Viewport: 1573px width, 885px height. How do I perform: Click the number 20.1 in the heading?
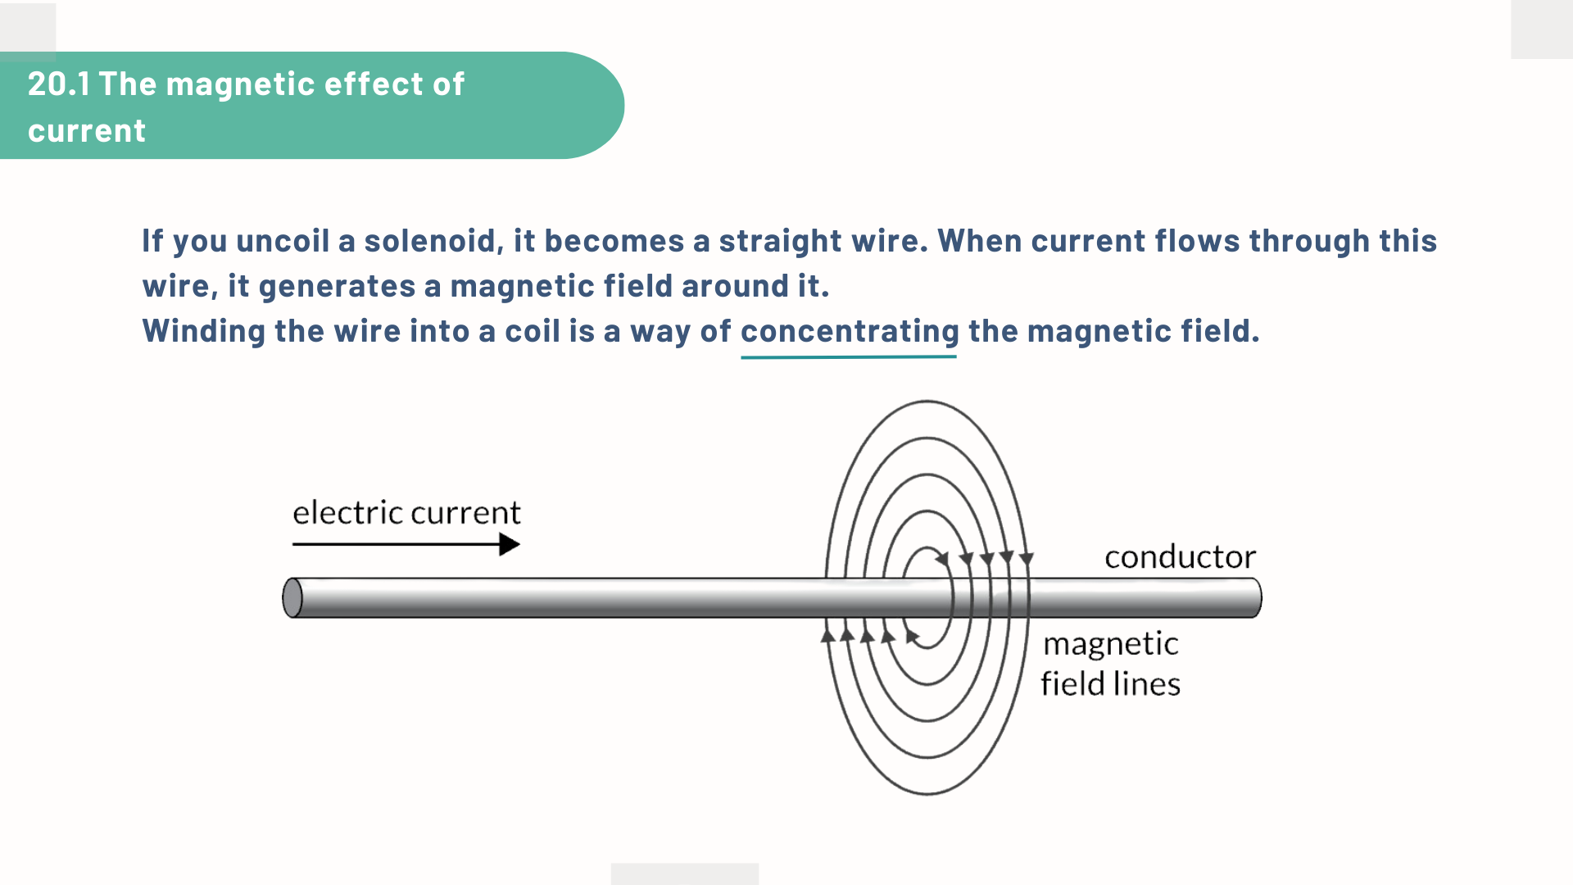(x=58, y=84)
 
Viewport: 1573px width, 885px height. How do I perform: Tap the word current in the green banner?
(x=87, y=131)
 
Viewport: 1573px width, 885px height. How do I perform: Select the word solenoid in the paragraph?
(x=430, y=241)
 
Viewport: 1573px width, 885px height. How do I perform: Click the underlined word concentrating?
(x=850, y=331)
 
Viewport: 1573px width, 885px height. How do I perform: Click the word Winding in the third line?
(x=204, y=331)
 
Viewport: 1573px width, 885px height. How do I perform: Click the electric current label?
(x=406, y=513)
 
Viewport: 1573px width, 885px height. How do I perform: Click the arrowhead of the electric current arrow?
(x=510, y=544)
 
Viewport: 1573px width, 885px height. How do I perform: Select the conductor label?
(x=1180, y=557)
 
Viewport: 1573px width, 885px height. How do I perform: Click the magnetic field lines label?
(x=1110, y=664)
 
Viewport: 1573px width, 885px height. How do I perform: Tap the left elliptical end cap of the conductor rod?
(x=292, y=597)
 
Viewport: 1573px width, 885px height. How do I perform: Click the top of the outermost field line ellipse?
(x=927, y=402)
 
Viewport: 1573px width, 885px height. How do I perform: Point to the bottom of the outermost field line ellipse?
(x=927, y=793)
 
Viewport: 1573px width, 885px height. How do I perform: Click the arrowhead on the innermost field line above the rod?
(x=943, y=559)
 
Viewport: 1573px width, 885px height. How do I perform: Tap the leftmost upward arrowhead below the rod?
(x=828, y=635)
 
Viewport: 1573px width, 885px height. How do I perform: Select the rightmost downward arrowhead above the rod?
(x=1026, y=559)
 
